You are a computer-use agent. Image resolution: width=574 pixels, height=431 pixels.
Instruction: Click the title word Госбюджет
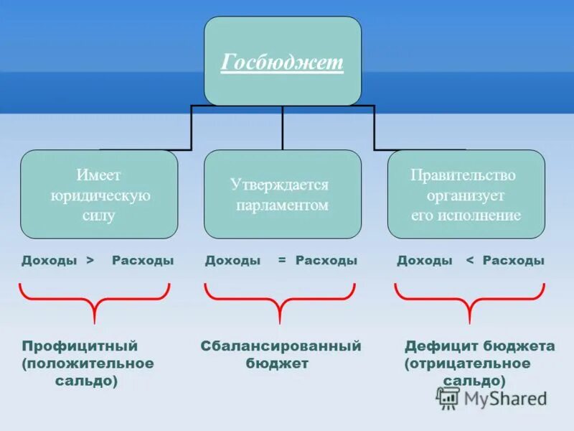pyautogui.click(x=282, y=62)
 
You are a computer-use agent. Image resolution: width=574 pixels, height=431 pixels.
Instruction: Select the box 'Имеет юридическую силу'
pyautogui.click(x=99, y=194)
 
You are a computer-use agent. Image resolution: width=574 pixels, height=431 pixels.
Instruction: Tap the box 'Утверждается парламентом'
pyautogui.click(x=282, y=194)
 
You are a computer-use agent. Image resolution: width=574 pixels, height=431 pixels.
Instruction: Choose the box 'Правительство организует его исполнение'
pyautogui.click(x=466, y=194)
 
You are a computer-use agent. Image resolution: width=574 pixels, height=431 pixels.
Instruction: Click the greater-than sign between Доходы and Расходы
pyautogui.click(x=90, y=261)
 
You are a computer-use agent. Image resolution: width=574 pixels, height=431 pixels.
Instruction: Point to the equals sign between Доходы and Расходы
pyautogui.click(x=282, y=261)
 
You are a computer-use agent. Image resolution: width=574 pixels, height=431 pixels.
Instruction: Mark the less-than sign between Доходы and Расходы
pyautogui.click(x=471, y=261)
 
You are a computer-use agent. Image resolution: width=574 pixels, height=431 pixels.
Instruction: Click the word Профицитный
pyautogui.click(x=80, y=346)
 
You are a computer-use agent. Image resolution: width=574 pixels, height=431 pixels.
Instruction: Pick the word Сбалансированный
pyautogui.click(x=281, y=346)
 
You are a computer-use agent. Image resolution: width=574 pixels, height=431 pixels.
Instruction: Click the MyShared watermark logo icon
pyautogui.click(x=448, y=397)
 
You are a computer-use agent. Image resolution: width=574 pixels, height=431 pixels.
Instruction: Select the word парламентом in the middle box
pyautogui.click(x=282, y=205)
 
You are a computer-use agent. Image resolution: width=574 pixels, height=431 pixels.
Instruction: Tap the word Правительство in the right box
pyautogui.click(x=463, y=175)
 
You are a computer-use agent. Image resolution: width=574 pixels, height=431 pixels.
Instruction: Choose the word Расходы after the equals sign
pyautogui.click(x=326, y=261)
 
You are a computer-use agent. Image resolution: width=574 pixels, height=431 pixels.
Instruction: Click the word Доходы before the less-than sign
pyautogui.click(x=424, y=261)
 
